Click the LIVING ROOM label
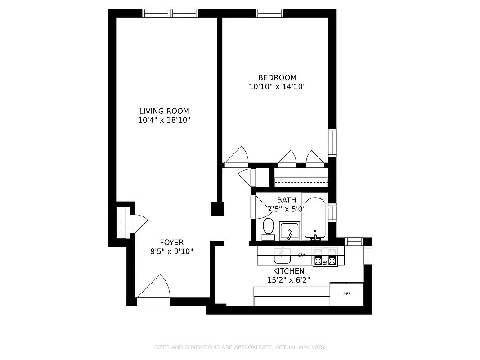(x=164, y=111)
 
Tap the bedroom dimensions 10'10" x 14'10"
(x=277, y=86)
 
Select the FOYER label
(x=171, y=243)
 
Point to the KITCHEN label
(x=288, y=271)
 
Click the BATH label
(x=287, y=200)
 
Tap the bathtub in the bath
(x=314, y=218)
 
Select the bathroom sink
(x=289, y=231)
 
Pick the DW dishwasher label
(x=301, y=255)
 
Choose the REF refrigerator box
(x=346, y=294)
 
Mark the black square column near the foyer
(x=218, y=209)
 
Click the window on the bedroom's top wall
(x=269, y=13)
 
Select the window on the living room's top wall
(x=170, y=13)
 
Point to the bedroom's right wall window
(x=332, y=142)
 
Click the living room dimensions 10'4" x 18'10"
(x=164, y=121)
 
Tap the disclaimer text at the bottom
(x=240, y=347)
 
